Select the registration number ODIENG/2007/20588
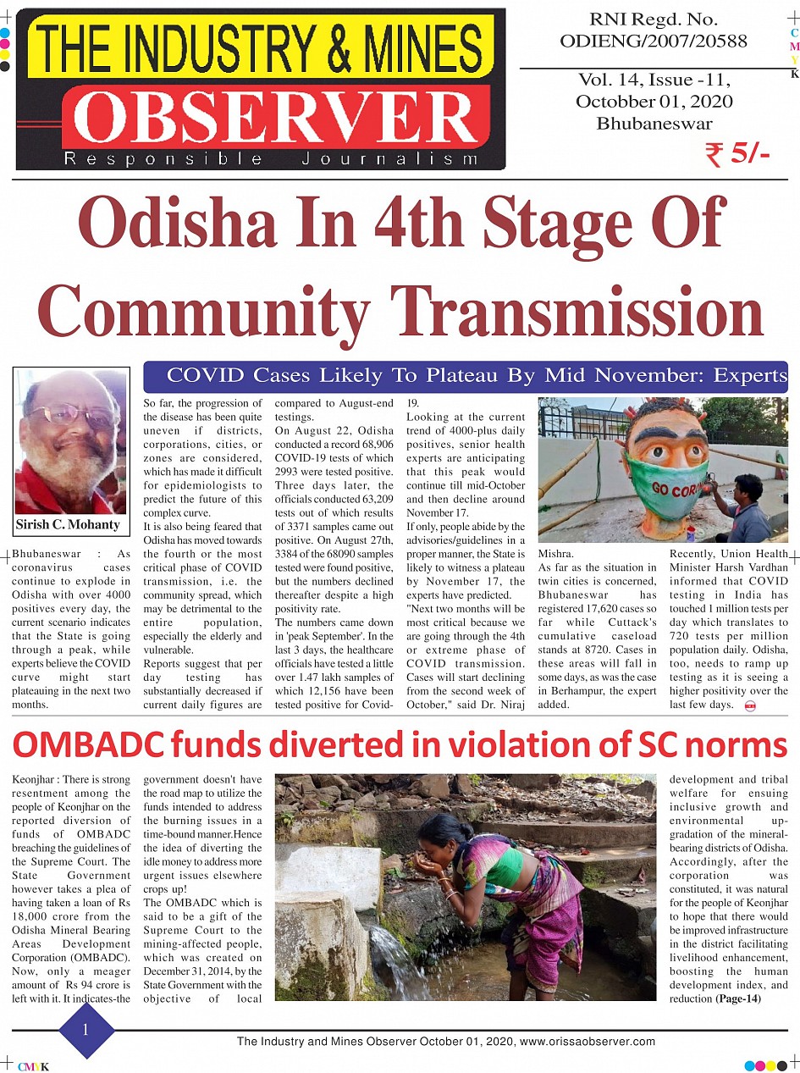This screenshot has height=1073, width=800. [653, 41]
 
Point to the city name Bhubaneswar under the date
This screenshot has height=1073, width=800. [654, 123]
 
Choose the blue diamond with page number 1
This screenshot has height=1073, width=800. [86, 1030]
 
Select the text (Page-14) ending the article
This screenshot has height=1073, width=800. [739, 998]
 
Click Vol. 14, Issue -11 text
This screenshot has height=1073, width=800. [654, 80]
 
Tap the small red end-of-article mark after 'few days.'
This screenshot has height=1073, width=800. [749, 705]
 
